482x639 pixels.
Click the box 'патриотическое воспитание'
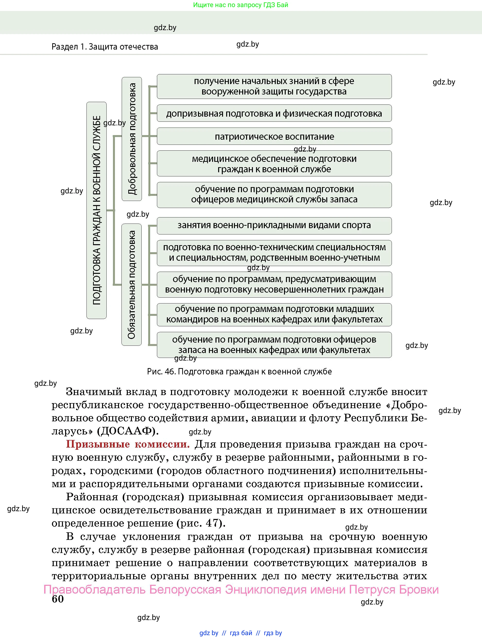click(x=274, y=136)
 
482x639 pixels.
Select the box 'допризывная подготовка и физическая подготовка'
click(x=274, y=113)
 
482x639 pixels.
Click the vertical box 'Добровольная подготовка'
click(x=132, y=139)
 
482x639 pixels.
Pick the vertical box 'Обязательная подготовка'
click(x=131, y=285)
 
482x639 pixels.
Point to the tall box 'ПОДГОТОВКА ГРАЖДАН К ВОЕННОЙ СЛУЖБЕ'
click(x=96, y=210)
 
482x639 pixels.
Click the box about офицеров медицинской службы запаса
click(x=274, y=194)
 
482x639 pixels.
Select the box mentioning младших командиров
click(x=274, y=314)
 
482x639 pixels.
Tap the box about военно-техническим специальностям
click(x=274, y=253)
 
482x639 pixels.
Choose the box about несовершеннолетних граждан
click(x=274, y=284)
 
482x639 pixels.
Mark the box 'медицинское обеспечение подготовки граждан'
click(x=274, y=164)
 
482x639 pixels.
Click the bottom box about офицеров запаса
click(x=274, y=345)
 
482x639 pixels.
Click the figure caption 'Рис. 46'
click(x=239, y=371)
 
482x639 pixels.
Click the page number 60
click(x=58, y=599)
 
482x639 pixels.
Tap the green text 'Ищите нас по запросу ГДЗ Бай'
click(x=240, y=5)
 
